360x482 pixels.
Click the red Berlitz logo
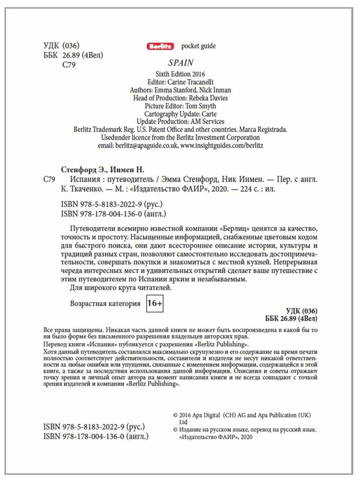click(160, 47)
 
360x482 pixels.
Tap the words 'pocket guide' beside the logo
click(198, 46)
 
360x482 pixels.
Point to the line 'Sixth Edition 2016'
click(180, 74)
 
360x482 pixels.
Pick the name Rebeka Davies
click(208, 98)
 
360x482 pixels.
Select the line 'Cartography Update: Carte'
click(180, 114)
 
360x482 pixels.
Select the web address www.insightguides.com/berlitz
click(222, 145)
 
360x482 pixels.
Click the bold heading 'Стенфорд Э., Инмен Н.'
click(102, 170)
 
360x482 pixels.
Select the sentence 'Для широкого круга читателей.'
click(121, 288)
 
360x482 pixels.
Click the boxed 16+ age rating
click(155, 303)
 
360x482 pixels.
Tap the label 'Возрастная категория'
click(105, 304)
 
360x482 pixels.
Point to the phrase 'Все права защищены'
click(73, 330)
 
